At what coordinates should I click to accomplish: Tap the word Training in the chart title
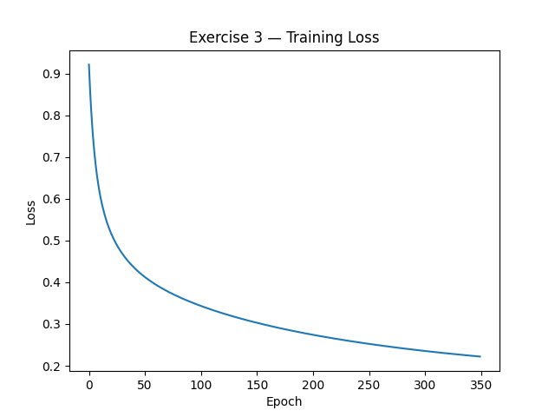[x=315, y=38]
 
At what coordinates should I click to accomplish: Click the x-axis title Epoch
[x=284, y=401]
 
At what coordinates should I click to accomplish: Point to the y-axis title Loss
[x=31, y=212]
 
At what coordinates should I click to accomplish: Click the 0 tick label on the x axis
[x=88, y=384]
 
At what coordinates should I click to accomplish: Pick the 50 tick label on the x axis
[x=145, y=384]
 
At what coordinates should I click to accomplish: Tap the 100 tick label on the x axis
[x=200, y=384]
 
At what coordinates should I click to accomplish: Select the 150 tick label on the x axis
[x=257, y=384]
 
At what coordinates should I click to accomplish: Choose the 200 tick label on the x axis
[x=312, y=384]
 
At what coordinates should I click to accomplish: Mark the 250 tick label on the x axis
[x=369, y=384]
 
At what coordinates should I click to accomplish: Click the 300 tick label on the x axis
[x=424, y=384]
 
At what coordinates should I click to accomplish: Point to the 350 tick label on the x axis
[x=480, y=384]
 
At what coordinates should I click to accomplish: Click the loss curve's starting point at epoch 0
[x=88, y=64]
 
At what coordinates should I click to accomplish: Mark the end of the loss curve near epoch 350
[x=480, y=356]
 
